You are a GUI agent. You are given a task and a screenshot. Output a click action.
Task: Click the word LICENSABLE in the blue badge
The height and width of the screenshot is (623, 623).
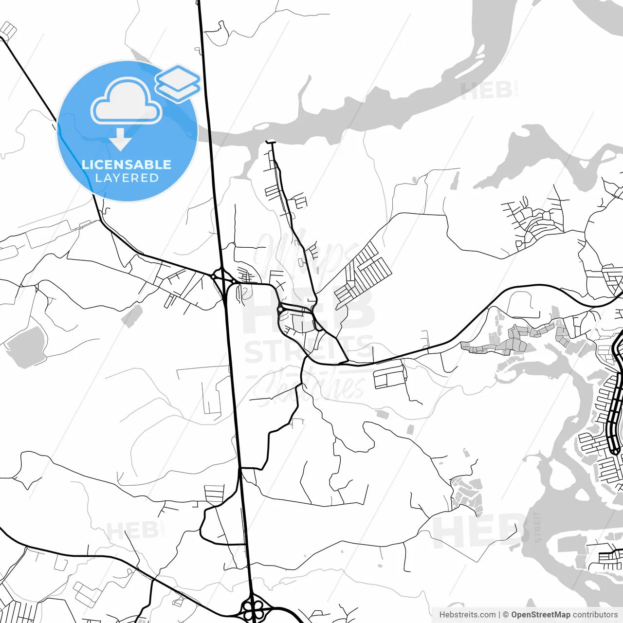(x=127, y=165)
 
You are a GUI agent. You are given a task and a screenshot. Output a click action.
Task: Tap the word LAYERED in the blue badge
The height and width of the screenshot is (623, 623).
(x=127, y=178)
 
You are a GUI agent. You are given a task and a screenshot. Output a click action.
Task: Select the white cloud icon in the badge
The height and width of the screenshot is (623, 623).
(x=127, y=102)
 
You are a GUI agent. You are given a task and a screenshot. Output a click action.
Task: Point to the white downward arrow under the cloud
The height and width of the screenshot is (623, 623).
(x=120, y=141)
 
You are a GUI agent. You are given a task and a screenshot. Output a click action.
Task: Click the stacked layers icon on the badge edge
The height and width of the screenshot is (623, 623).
(x=178, y=83)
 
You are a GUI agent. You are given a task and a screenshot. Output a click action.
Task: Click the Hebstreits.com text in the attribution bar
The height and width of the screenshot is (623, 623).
(x=467, y=615)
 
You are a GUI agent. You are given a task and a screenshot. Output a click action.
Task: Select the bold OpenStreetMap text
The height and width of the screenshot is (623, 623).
(x=541, y=615)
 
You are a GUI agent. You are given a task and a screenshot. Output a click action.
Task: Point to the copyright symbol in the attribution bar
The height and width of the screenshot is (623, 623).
(x=506, y=615)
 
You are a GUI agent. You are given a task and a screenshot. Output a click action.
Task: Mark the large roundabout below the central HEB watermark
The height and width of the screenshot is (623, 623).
(x=280, y=309)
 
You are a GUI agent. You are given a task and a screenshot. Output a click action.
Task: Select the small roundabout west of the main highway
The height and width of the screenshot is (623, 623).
(x=213, y=276)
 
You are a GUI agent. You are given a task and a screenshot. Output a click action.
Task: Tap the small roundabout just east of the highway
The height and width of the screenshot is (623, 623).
(x=234, y=281)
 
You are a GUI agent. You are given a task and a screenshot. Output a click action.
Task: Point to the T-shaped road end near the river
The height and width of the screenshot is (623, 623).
(x=271, y=142)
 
